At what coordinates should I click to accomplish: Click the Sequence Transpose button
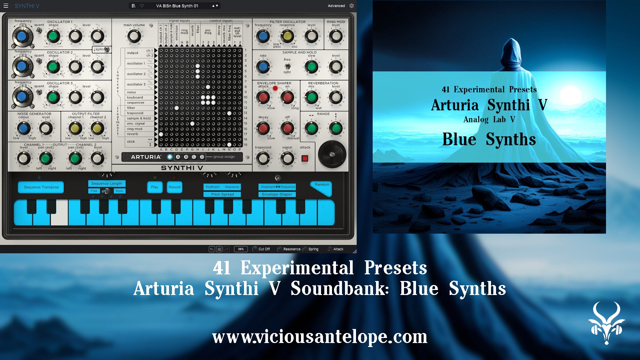point(41,187)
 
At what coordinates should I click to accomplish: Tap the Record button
point(174,187)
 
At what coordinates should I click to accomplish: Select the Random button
point(321,187)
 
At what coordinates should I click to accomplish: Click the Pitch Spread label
point(222,194)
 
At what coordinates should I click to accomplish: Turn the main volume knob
point(134,36)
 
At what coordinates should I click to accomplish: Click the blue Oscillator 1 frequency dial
point(22,36)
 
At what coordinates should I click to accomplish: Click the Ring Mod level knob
point(336,36)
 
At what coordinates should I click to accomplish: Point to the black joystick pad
point(332,154)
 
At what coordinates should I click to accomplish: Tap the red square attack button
point(305,158)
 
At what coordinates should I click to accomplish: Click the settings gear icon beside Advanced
point(351,6)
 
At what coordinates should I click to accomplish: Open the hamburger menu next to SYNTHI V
point(6,6)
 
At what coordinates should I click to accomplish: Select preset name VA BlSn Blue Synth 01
point(177,6)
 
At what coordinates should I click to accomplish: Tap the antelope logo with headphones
point(606,323)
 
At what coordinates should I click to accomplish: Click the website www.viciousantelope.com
point(320,337)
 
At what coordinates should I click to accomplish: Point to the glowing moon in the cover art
point(571,95)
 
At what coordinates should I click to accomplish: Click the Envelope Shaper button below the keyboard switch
point(277,194)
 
